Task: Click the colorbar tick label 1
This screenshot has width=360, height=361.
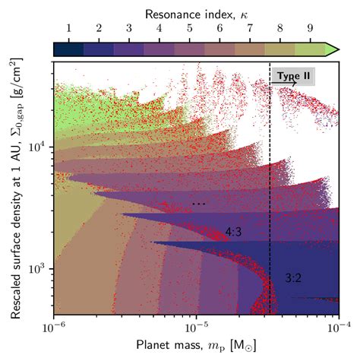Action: (68, 31)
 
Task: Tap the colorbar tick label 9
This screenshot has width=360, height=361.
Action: (311, 31)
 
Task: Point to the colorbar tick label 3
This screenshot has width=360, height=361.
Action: (129, 31)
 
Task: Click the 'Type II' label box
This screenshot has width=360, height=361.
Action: (292, 76)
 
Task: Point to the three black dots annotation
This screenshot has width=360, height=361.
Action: (199, 204)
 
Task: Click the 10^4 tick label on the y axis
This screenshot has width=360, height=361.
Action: (37, 147)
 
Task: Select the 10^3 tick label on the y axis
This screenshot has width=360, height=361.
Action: (37, 270)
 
